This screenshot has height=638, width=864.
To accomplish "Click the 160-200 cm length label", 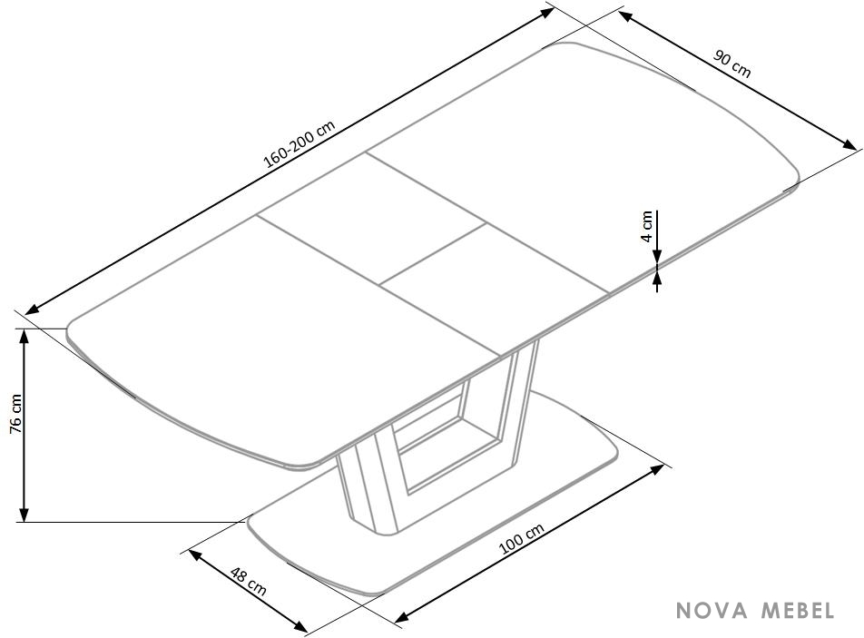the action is (299, 143).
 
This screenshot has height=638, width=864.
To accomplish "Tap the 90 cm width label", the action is (732, 64).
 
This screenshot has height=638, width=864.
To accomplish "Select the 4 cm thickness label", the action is (647, 226).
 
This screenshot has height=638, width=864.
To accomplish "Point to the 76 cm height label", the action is (15, 413).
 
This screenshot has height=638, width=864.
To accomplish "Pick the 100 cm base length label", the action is (521, 538).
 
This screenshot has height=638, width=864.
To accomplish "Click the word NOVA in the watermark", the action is (712, 611).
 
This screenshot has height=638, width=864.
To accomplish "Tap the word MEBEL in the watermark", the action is (798, 611).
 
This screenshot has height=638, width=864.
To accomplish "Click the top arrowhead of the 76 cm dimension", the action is (24, 335).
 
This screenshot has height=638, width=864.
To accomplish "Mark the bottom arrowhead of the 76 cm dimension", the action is (24, 514).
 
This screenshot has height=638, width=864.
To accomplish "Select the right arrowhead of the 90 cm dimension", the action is (850, 144).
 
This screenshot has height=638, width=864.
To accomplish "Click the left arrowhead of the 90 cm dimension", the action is (625, 16).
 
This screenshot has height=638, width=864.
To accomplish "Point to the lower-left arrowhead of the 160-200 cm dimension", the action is (32, 309).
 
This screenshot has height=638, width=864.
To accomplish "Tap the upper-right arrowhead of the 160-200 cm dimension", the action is (546, 12).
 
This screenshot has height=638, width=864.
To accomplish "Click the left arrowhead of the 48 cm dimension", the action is (196, 555).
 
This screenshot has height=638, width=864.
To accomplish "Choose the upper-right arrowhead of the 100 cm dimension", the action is (657, 469).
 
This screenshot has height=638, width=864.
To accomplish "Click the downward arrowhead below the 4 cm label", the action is (657, 256).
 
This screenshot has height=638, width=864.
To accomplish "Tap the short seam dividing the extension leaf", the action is (433, 254).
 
